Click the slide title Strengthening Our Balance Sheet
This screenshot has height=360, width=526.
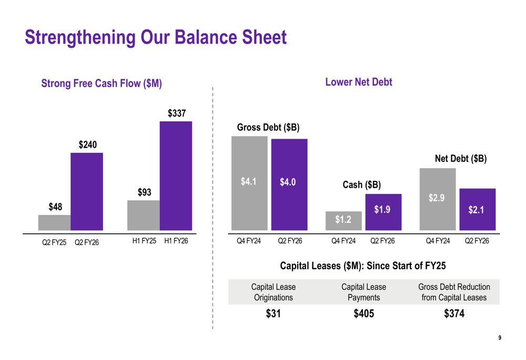[156, 38]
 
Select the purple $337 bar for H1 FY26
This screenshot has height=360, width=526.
[176, 176]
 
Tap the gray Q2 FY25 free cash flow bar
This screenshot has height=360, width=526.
[54, 223]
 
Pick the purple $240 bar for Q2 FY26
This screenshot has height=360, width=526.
[87, 191]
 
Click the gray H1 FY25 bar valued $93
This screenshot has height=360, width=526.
[143, 215]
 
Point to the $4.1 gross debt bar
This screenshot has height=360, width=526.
[249, 183]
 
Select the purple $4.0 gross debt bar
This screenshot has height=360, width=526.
[289, 184]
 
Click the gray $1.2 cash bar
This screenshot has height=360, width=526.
[343, 221]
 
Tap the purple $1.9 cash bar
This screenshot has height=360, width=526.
[383, 212]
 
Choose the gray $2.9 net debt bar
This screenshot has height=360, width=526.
[437, 199]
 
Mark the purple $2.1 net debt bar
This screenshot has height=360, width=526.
[477, 209]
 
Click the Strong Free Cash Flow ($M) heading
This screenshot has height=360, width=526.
[102, 83]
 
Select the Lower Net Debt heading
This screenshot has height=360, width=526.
[359, 82]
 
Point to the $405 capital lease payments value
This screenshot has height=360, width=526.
[363, 314]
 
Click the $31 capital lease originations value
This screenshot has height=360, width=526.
[273, 314]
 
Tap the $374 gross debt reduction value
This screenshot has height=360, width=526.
[454, 314]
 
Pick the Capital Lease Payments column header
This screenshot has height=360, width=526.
[363, 292]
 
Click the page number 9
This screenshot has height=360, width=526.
[500, 338]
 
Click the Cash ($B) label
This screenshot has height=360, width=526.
[361, 185]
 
